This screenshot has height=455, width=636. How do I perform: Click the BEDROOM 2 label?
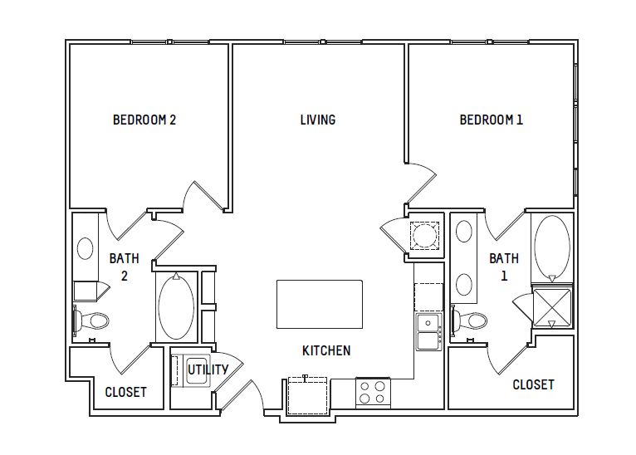(144, 120)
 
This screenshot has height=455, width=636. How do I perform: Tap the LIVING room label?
(318, 120)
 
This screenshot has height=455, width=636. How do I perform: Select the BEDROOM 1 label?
(492, 120)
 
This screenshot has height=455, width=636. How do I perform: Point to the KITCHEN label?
(326, 350)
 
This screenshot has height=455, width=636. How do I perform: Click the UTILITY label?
(208, 369)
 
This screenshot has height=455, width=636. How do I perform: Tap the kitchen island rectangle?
(320, 304)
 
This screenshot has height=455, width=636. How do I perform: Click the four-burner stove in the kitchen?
(373, 392)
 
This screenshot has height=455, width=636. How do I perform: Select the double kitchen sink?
(428, 332)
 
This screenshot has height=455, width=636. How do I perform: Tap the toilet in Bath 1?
(469, 320)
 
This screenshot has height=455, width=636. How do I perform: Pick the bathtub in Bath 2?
(176, 306)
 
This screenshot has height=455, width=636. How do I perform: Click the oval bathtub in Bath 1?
(552, 245)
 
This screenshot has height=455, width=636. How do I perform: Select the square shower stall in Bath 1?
(551, 307)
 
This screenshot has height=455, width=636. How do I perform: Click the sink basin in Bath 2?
(86, 248)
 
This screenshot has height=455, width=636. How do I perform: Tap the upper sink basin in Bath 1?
(464, 232)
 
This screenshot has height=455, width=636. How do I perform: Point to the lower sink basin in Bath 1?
(464, 284)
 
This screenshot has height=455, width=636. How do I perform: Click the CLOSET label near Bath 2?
(125, 392)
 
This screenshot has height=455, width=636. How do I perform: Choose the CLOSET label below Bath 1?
(533, 384)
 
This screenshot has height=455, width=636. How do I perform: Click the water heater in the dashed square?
(424, 236)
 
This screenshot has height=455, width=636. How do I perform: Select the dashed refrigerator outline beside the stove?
(307, 396)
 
